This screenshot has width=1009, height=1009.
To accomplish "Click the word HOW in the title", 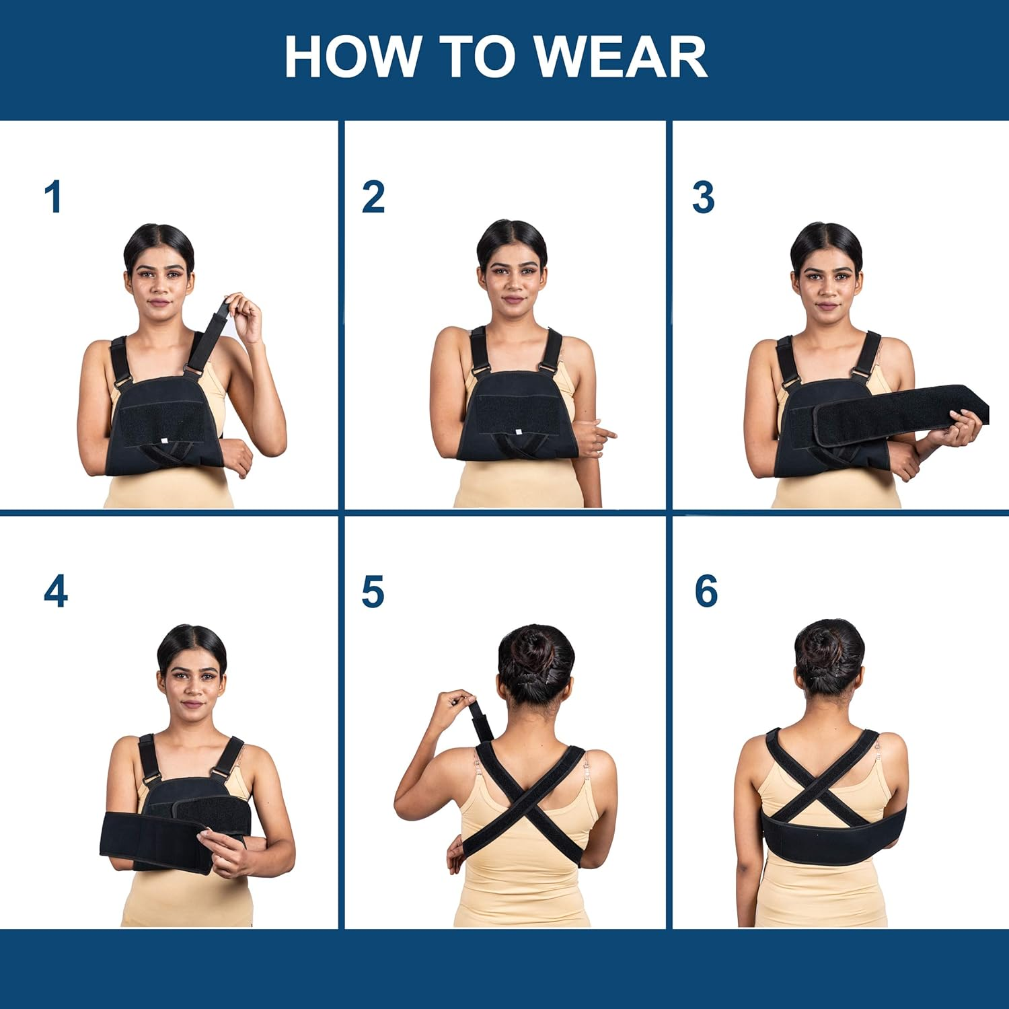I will (x=352, y=57).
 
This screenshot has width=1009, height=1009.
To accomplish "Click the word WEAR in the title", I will (x=620, y=57).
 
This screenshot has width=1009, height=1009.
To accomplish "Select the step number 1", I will (x=53, y=197).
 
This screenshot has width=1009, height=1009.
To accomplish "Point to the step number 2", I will (x=373, y=197).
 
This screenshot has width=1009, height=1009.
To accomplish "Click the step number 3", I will (x=703, y=197).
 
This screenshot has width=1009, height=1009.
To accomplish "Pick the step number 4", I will (x=55, y=592).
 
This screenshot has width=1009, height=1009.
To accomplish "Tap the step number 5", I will (x=373, y=592).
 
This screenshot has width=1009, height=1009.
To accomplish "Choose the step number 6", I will (x=706, y=592).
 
